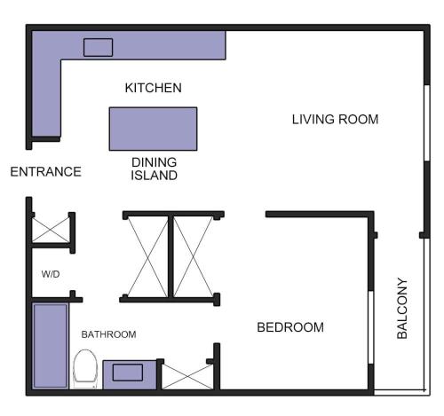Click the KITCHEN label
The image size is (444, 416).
tap(153, 88)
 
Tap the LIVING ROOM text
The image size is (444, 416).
tap(335, 120)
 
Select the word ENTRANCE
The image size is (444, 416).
tap(46, 172)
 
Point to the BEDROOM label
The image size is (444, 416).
tap(290, 327)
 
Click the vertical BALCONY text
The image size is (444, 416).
tap(402, 308)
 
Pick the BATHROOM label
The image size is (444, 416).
tap(108, 334)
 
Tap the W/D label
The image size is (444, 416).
tap(51, 274)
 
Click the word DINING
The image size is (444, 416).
tap(154, 162)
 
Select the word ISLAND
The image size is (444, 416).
tap(154, 176)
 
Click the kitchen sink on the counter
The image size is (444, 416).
tap(98, 47)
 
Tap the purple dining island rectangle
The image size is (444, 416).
tap(153, 129)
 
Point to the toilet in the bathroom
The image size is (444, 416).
tap(85, 369)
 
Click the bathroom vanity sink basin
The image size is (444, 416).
tap(128, 373)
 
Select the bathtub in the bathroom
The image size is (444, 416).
tap(50, 346)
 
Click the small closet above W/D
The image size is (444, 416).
tap(51, 230)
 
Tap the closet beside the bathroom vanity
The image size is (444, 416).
tap(187, 377)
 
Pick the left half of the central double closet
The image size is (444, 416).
tap(147, 256)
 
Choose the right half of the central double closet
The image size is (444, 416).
tap(194, 256)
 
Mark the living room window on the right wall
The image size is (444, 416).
tap(427, 123)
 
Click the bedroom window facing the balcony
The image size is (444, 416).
tap(371, 327)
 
